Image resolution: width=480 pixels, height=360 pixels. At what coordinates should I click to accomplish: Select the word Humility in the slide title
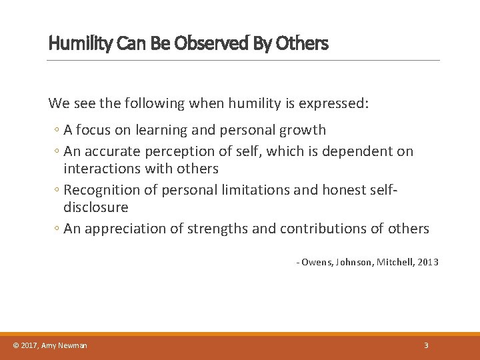[74, 44]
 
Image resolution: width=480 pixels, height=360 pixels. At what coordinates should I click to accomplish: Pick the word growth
[302, 130]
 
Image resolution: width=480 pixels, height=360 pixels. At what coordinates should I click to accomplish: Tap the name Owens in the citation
[316, 263]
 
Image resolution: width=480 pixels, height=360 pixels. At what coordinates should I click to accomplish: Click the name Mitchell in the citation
[394, 263]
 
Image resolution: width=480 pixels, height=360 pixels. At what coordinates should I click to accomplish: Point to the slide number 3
[425, 345]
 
